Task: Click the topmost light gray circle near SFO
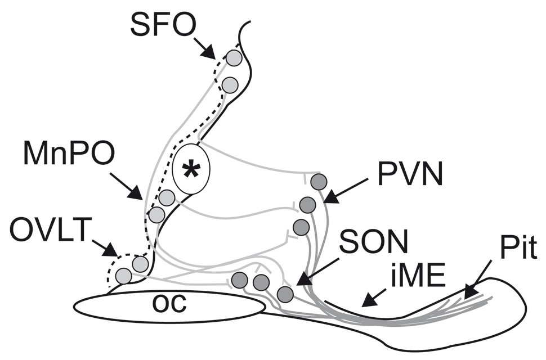click(234, 57)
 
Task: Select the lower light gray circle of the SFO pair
click(229, 85)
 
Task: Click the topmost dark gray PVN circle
click(319, 182)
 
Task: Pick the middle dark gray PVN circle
click(307, 204)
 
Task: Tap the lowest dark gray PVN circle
click(301, 227)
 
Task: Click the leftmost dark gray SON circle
click(240, 279)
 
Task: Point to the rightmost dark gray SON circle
click(285, 294)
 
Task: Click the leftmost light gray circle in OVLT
click(123, 276)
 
